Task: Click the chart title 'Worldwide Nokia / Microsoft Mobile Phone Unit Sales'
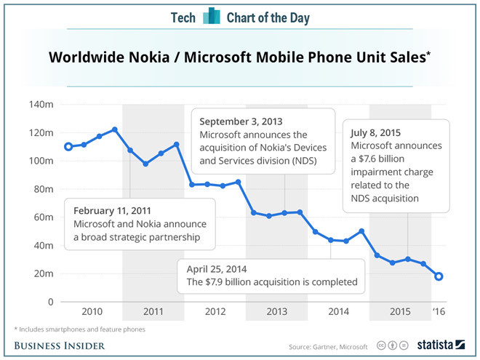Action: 236,57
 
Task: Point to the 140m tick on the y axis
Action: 41,105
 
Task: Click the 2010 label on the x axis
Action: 91,311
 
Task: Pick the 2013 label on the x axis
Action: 276,311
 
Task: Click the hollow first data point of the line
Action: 68,147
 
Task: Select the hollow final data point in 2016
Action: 439,276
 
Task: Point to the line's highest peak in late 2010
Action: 115,129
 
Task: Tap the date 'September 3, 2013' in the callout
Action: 241,121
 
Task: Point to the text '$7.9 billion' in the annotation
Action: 231,281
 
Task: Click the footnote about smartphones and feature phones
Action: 81,329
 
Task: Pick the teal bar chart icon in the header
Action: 212,16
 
